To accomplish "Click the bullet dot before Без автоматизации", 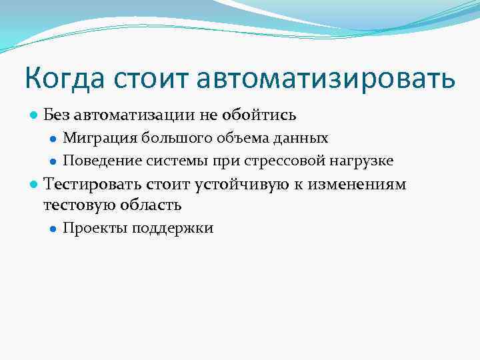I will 33,115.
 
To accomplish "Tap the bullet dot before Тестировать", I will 33,185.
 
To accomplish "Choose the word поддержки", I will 173,229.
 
